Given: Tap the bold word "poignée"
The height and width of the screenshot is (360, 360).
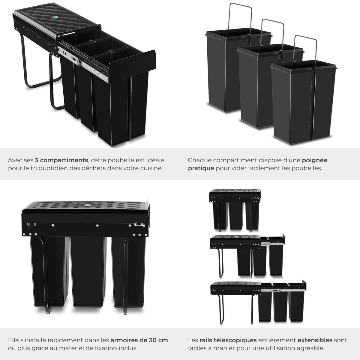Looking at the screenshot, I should coord(314,160).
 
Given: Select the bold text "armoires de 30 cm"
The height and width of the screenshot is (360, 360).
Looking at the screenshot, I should coord(139,340).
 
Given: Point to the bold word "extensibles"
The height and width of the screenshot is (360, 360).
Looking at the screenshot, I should coord(315,340).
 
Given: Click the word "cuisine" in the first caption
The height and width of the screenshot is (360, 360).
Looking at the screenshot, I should coord(152,168).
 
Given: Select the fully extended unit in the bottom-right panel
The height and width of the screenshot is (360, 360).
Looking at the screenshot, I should coord(258,303).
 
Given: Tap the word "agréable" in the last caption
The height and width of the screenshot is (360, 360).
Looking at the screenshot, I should coord(311,348).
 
